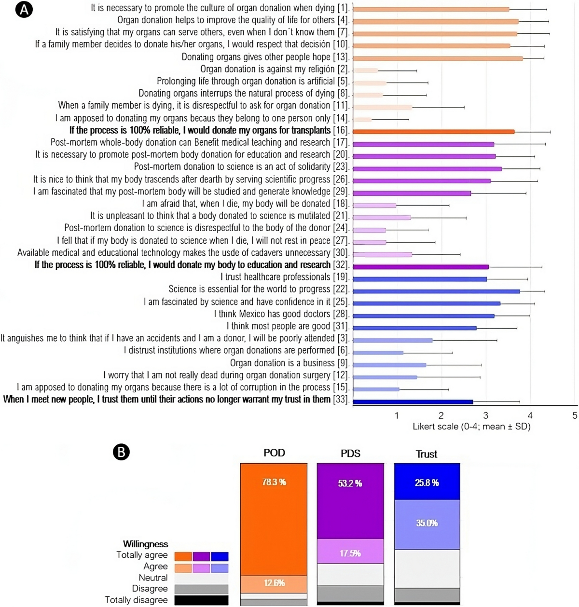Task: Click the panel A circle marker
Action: click(x=24, y=10)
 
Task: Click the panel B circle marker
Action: click(x=121, y=452)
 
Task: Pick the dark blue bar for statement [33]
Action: click(x=413, y=401)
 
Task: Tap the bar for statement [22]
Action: click(x=436, y=291)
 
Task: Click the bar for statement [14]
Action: click(x=362, y=119)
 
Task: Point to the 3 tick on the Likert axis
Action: click(x=486, y=415)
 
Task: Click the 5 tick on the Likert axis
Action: click(x=575, y=415)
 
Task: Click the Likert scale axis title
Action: click(x=471, y=427)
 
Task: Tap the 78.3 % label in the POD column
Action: click(x=274, y=482)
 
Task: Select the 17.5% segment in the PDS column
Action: click(x=350, y=553)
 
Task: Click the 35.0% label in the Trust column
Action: click(x=427, y=523)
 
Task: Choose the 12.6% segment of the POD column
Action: click(x=274, y=583)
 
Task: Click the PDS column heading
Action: click(x=350, y=453)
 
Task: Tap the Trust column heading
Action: click(x=427, y=454)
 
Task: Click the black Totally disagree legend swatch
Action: click(x=201, y=600)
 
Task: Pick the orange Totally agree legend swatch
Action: click(x=183, y=556)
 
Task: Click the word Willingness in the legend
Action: click(x=145, y=544)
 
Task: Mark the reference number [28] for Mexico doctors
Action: click(x=341, y=314)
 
